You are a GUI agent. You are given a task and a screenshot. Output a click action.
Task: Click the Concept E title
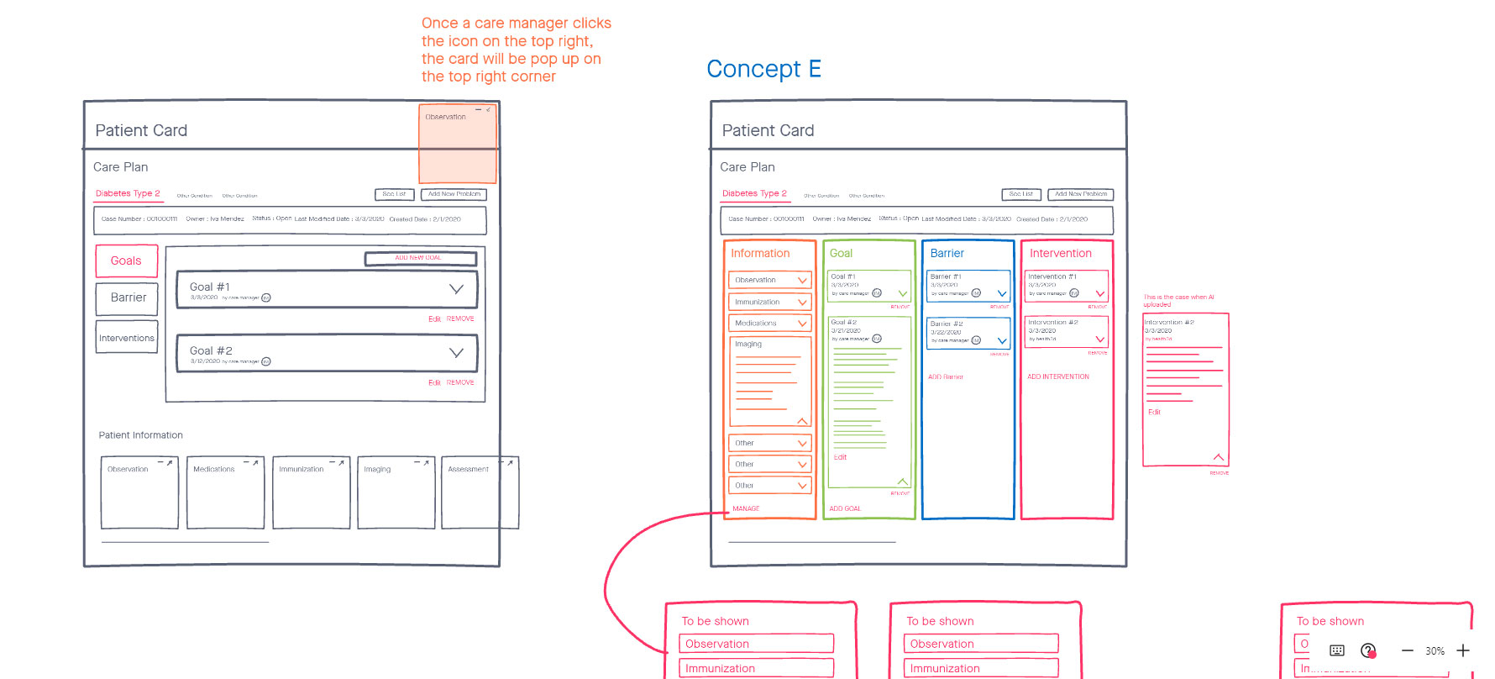click(x=763, y=69)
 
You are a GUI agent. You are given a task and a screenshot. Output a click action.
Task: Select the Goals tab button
click(x=126, y=261)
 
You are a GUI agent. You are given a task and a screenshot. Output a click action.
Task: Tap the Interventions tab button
click(x=127, y=338)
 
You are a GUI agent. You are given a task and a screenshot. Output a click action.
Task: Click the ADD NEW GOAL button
click(x=420, y=258)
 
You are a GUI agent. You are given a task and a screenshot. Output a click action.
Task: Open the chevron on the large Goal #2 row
click(x=456, y=353)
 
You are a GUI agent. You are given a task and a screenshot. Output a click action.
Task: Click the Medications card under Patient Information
click(x=225, y=492)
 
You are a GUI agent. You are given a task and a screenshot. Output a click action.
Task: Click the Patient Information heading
click(x=140, y=435)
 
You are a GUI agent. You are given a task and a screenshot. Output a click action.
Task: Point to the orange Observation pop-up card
click(x=457, y=145)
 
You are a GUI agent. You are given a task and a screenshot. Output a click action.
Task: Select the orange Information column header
click(x=760, y=253)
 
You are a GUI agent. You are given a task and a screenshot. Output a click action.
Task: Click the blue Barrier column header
click(x=947, y=253)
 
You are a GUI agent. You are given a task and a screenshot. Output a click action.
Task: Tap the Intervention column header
click(x=1060, y=253)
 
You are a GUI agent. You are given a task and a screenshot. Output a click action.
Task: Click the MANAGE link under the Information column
click(x=746, y=508)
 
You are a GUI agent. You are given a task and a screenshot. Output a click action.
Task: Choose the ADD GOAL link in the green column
click(x=845, y=508)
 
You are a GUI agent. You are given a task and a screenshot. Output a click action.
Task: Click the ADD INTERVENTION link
click(x=1058, y=376)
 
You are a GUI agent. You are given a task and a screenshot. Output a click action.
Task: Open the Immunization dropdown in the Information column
click(x=769, y=302)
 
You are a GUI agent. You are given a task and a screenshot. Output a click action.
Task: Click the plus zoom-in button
click(x=1463, y=650)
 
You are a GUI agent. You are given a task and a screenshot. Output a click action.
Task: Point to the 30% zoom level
click(x=1435, y=651)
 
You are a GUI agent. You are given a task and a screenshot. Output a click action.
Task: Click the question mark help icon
click(x=1368, y=650)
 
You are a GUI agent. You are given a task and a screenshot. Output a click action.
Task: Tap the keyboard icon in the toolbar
click(x=1337, y=650)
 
